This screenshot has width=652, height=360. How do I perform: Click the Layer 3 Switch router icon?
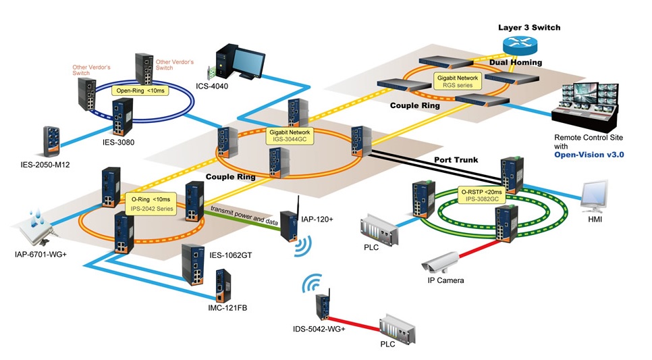click(520, 45)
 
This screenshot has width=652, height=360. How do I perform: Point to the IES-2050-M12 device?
click(54, 140)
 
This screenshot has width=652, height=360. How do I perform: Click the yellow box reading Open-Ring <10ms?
click(142, 90)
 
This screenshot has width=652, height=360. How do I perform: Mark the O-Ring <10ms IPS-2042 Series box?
click(151, 204)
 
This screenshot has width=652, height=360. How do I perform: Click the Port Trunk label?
click(456, 161)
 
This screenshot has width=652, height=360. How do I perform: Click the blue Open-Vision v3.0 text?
click(589, 155)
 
